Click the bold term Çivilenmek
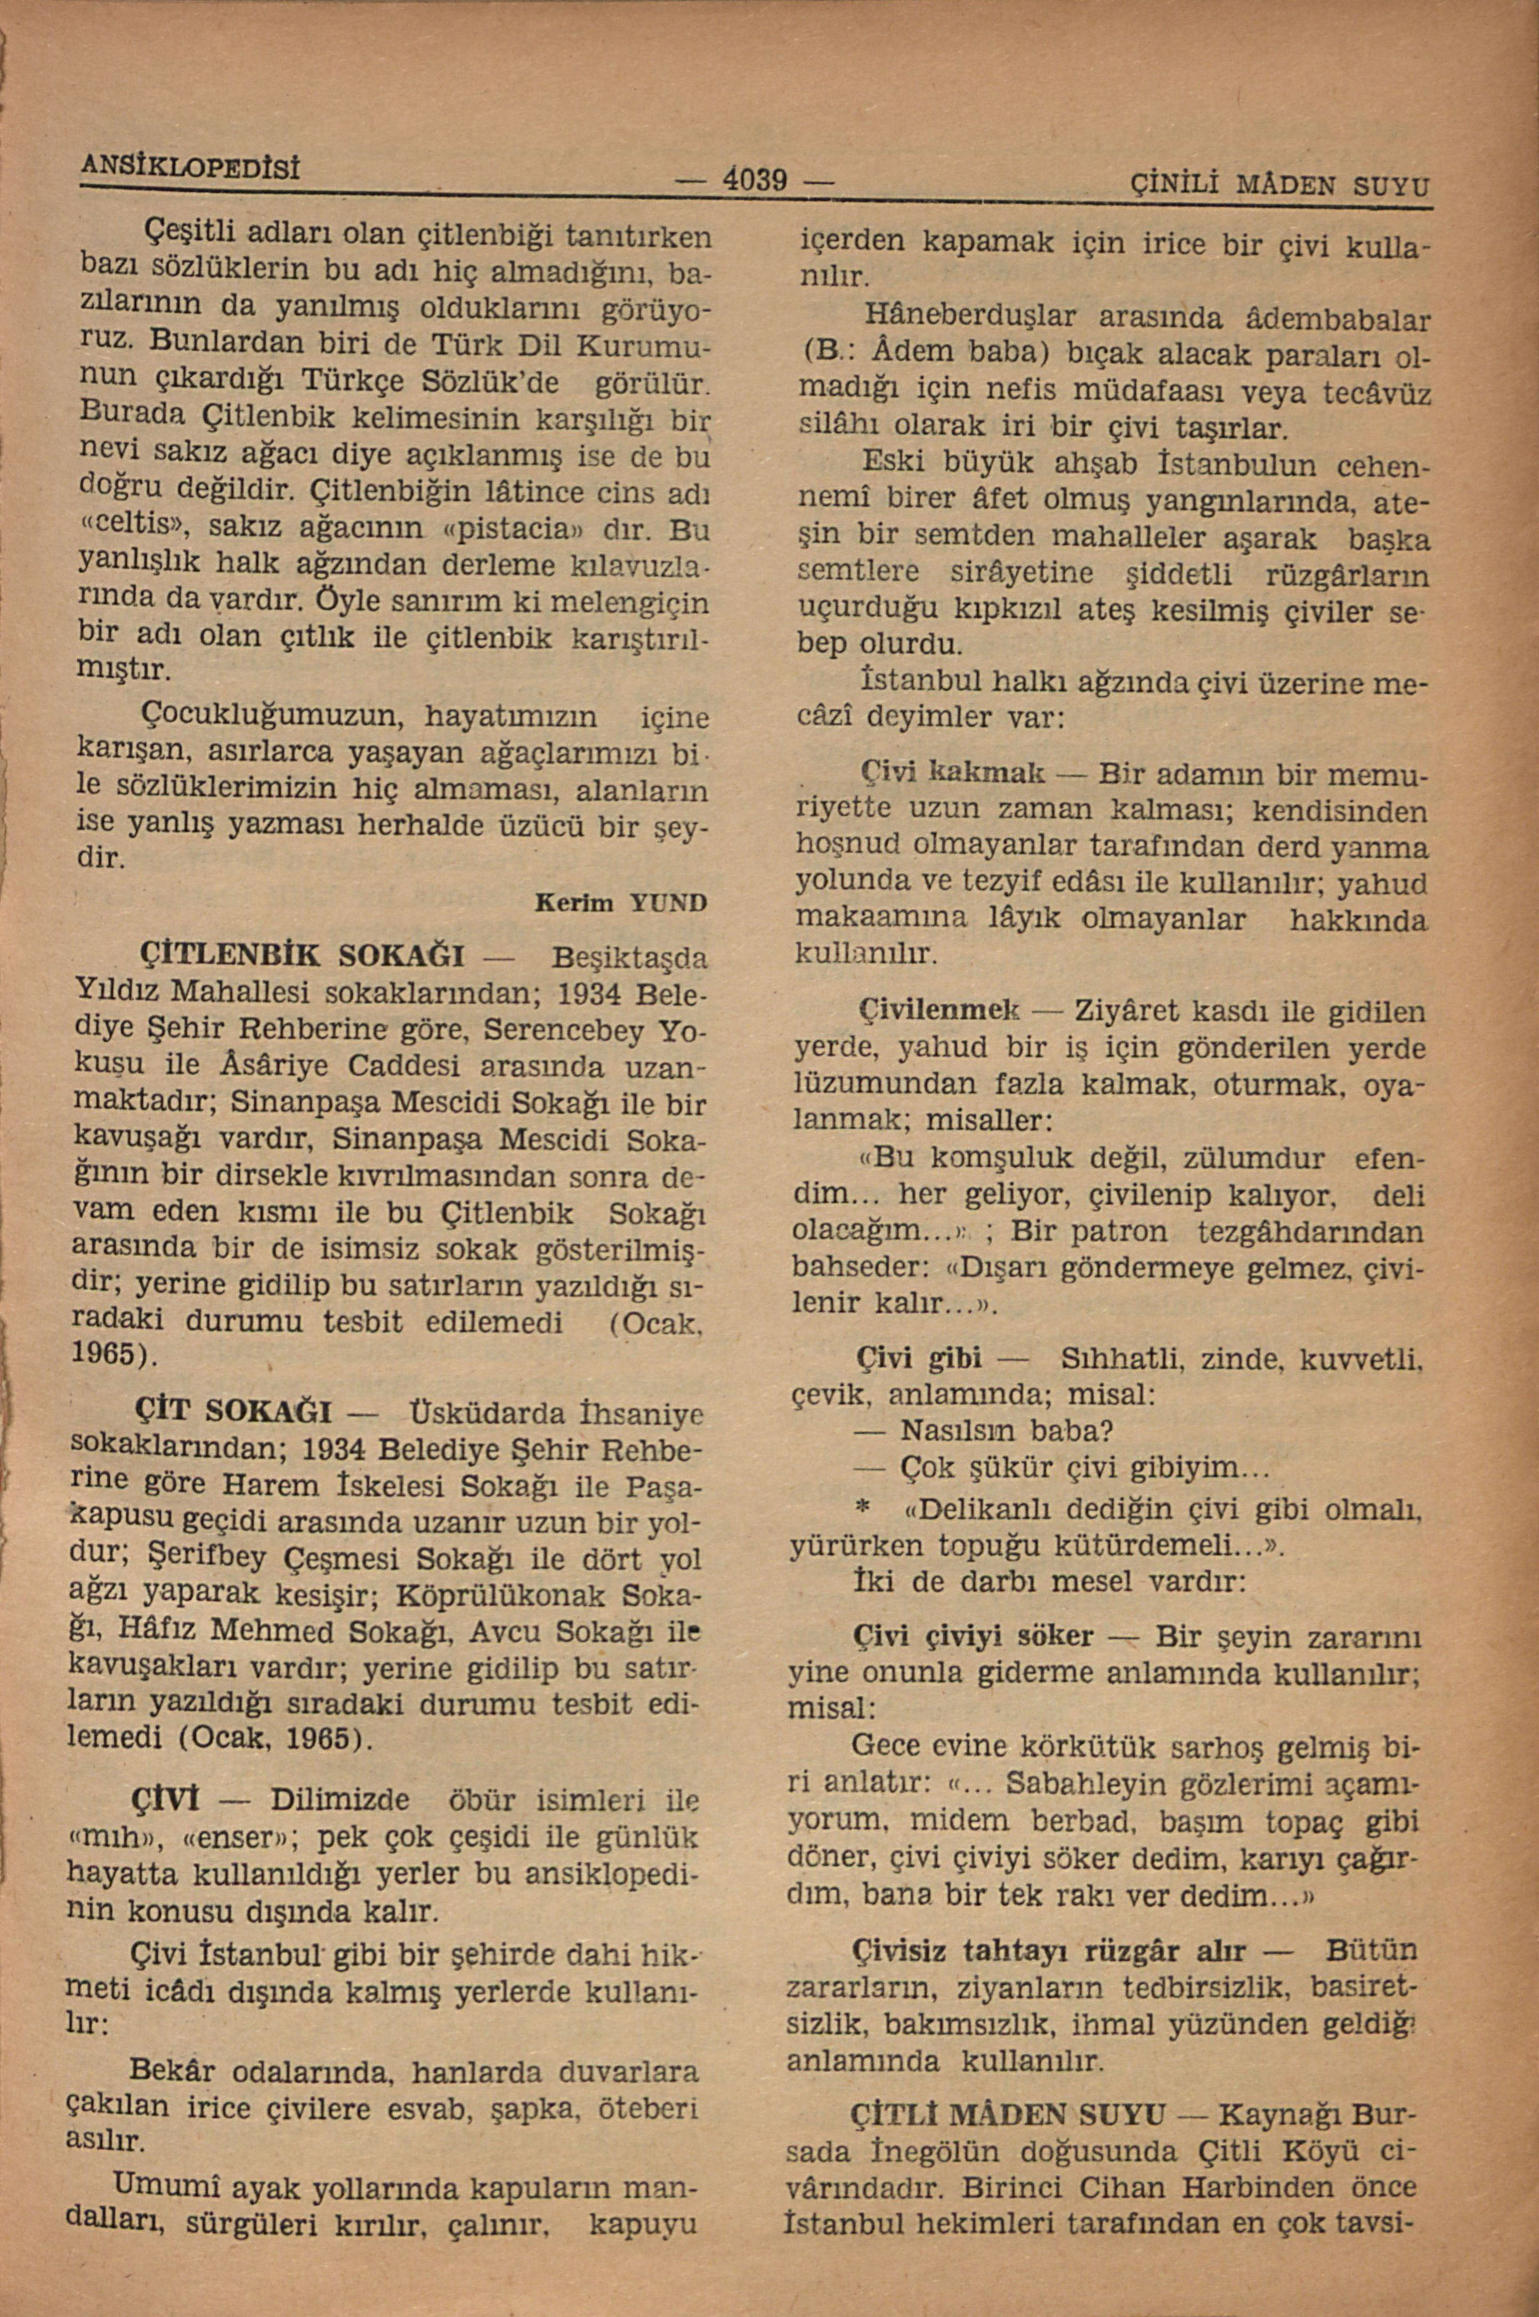click(940, 1008)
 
